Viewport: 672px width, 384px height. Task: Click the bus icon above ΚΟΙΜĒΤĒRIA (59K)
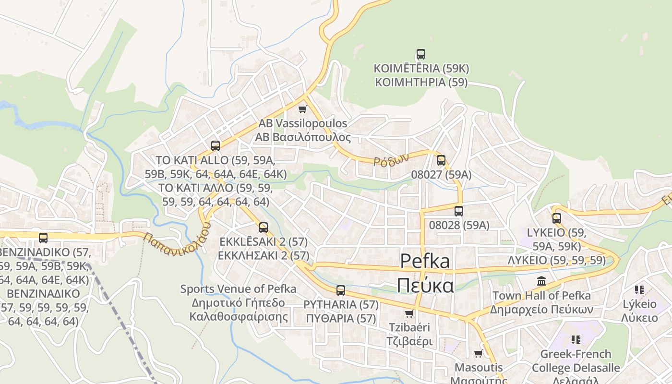click(421, 54)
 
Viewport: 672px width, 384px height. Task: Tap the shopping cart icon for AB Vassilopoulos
click(302, 109)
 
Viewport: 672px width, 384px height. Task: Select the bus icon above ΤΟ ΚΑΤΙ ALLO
click(216, 145)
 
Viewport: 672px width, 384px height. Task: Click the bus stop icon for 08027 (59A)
click(441, 160)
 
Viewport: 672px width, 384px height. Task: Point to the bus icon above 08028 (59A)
click(459, 211)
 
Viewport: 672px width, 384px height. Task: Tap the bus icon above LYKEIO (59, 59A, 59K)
click(557, 218)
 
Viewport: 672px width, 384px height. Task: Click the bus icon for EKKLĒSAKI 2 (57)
click(263, 227)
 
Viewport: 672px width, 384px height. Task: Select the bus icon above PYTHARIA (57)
click(341, 290)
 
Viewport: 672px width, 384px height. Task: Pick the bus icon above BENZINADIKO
click(43, 238)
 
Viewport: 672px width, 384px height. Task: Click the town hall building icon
click(541, 281)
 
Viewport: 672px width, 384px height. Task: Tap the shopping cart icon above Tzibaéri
click(409, 313)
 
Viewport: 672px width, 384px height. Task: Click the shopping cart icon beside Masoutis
click(478, 354)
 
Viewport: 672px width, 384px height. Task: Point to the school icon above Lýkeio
click(639, 289)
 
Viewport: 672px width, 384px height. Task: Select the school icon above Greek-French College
click(576, 340)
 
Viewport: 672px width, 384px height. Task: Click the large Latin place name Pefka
click(425, 261)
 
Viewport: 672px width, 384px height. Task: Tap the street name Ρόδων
click(391, 159)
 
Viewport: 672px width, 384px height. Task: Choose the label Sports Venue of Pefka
click(238, 289)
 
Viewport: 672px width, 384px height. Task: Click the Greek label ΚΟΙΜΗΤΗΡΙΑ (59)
click(421, 82)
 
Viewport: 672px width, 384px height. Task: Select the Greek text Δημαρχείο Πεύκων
click(541, 309)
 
